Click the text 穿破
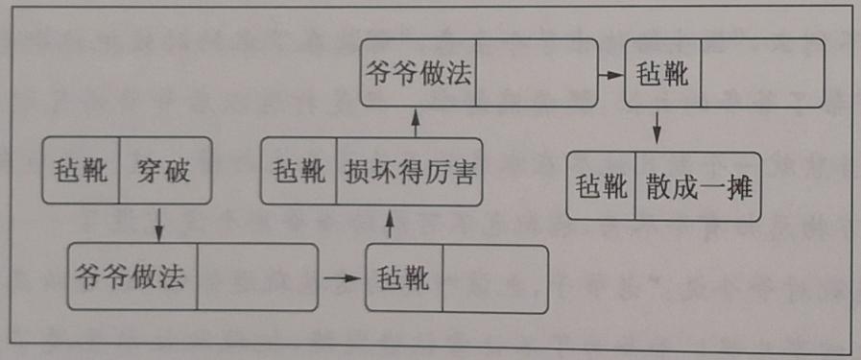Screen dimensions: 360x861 coord(163,173)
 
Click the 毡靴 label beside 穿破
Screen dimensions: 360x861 coord(83,173)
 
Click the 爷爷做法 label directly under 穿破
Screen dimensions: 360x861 coord(133,276)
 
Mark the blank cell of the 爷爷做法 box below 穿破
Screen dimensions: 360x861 coord(257,276)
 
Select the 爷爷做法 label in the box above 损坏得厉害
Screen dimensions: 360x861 coord(419,74)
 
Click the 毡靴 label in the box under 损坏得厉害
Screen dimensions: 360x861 coord(403,278)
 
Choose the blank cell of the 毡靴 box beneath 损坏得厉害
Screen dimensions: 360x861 coord(493,278)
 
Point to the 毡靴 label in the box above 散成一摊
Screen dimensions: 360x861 coord(663,74)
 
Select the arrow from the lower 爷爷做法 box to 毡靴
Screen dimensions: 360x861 coord(340,278)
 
